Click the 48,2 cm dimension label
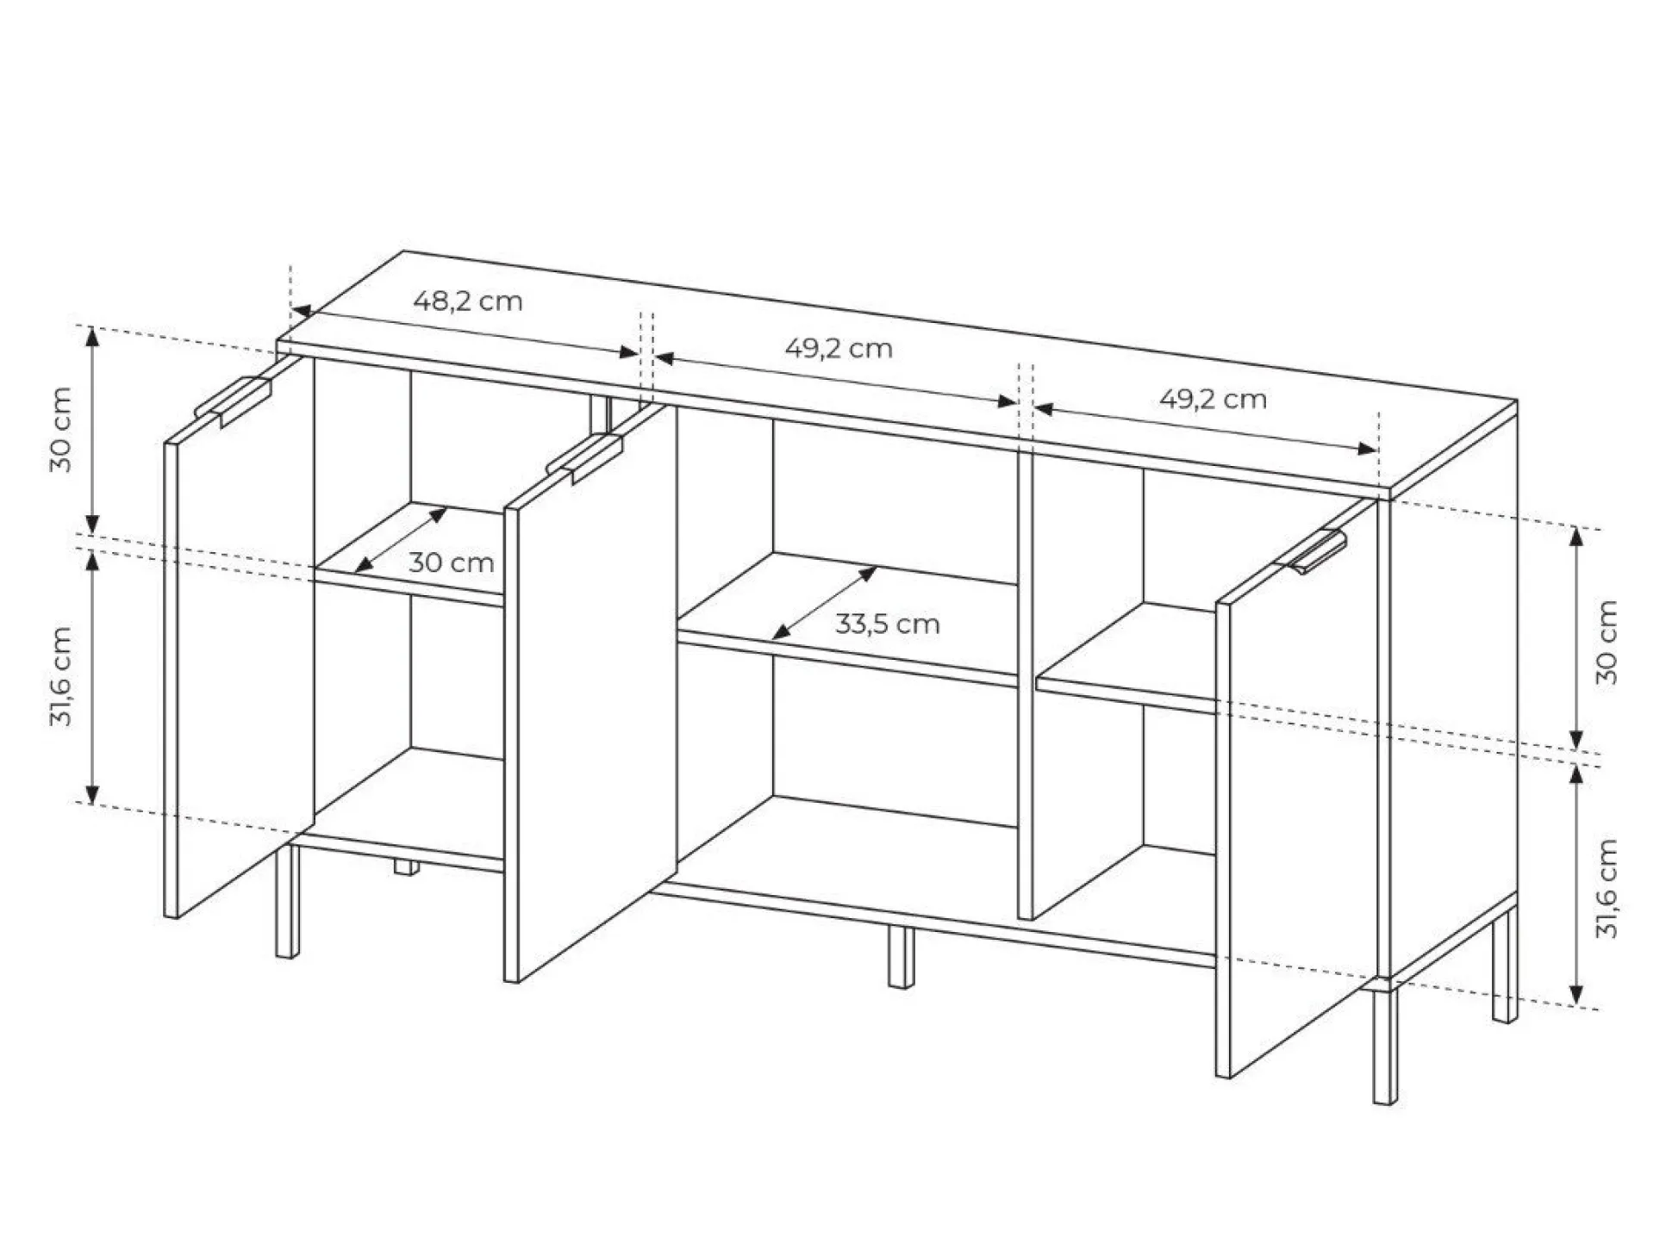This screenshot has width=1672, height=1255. [x=468, y=301]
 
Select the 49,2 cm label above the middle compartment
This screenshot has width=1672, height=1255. [x=839, y=349]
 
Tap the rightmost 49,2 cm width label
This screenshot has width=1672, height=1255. [x=1213, y=400]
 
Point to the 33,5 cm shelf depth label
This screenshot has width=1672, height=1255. [x=887, y=624]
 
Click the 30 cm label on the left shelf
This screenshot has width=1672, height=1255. [x=452, y=563]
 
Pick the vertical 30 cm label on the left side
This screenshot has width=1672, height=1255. [x=61, y=430]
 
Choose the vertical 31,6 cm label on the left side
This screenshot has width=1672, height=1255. [x=61, y=676]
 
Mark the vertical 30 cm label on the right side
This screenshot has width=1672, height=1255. [x=1606, y=643]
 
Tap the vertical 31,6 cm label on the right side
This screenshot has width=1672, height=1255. [x=1606, y=888]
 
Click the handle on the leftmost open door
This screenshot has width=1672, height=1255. [x=234, y=401]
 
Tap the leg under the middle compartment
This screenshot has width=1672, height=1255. [x=901, y=956]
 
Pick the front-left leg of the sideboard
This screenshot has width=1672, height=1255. [x=288, y=901]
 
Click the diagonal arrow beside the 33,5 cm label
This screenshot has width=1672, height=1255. [x=825, y=603]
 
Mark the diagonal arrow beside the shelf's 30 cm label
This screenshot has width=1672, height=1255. [x=401, y=540]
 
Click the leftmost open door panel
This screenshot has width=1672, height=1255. [x=240, y=637]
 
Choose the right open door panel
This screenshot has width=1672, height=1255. [x=1296, y=789]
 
